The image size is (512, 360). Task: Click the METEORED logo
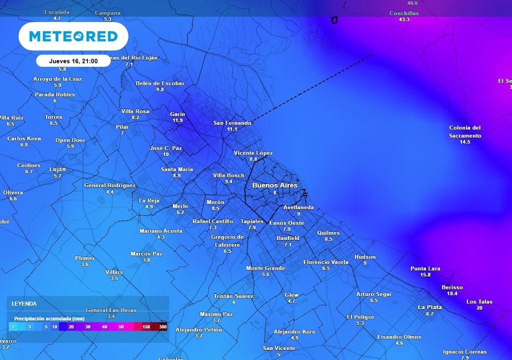pyautogui.click(x=73, y=36)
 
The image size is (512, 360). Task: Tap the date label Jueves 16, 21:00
pyautogui.click(x=73, y=61)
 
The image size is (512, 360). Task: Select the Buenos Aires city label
pyautogui.click(x=274, y=185)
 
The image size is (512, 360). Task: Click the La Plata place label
pyautogui.click(x=429, y=307)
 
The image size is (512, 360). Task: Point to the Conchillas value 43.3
pyautogui.click(x=404, y=19)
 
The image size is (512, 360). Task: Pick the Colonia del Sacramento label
pyautogui.click(x=465, y=131)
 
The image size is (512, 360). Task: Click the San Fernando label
pyautogui.click(x=232, y=123)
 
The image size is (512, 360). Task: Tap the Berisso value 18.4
pyautogui.click(x=452, y=293)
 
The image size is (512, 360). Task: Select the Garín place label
pyautogui.click(x=177, y=114)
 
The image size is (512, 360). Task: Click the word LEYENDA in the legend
pyautogui.click(x=24, y=303)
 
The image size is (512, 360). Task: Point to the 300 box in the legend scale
pyautogui.click(x=162, y=327)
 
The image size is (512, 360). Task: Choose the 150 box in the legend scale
pyautogui.click(x=146, y=327)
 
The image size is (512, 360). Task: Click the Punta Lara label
pyautogui.click(x=425, y=268)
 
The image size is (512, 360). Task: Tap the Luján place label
pyautogui.click(x=57, y=169)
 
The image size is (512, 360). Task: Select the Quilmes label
pyautogui.click(x=328, y=233)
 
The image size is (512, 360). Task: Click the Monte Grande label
pyautogui.click(x=265, y=268)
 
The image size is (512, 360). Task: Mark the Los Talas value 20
pyautogui.click(x=479, y=308)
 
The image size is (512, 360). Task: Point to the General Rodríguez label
pyautogui.click(x=109, y=185)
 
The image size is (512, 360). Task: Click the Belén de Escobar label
pyautogui.click(x=160, y=83)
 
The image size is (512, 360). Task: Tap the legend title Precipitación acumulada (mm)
pyautogui.click(x=49, y=318)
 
